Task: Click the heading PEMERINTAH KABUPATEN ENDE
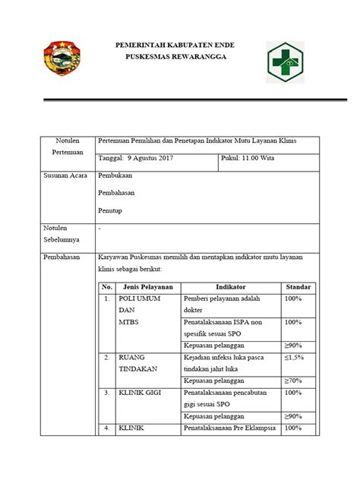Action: (179, 46)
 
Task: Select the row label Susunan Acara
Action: (65, 175)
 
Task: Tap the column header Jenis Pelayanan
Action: (147, 287)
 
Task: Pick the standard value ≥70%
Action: (295, 380)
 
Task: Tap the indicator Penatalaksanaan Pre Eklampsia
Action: (230, 429)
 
